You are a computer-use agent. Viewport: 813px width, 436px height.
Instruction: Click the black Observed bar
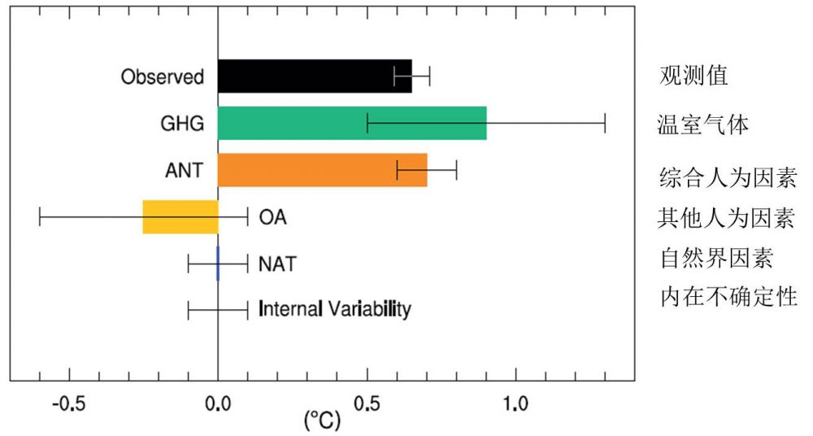click(x=315, y=76)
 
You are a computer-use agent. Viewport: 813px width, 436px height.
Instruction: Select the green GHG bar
click(x=352, y=123)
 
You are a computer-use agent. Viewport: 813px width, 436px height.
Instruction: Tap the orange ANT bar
click(x=322, y=170)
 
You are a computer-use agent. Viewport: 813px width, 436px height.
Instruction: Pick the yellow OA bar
click(x=180, y=216)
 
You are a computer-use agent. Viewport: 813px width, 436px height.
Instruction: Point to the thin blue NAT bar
click(x=218, y=264)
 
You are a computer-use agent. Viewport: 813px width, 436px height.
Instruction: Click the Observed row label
click(x=162, y=77)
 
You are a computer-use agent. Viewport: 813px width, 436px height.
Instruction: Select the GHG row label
click(x=182, y=124)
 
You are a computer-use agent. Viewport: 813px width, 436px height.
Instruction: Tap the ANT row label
click(x=184, y=171)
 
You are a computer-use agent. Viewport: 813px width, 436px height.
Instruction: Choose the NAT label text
click(x=277, y=264)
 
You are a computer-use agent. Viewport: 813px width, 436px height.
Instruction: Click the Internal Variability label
click(x=334, y=310)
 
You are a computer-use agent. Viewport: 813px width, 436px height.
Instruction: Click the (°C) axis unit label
click(x=322, y=421)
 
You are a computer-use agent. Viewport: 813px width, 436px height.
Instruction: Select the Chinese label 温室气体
click(x=703, y=125)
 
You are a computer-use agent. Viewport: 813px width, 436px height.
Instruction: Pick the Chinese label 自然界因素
click(x=715, y=259)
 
